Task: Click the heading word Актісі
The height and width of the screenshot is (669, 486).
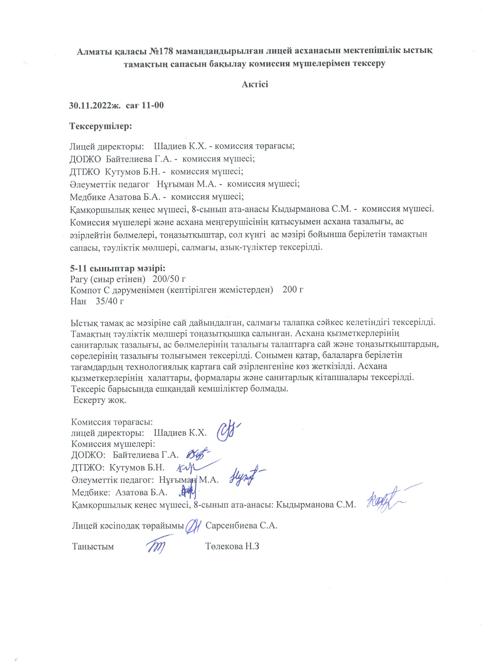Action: pos(255,84)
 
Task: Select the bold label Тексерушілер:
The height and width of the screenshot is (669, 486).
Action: pos(100,127)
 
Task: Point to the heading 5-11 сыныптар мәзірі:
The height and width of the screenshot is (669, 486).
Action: pos(118,269)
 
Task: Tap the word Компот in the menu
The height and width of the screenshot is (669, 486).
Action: pos(85,290)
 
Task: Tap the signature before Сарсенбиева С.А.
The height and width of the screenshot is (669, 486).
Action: pos(194,525)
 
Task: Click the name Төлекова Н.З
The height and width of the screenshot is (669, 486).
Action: pos(232,546)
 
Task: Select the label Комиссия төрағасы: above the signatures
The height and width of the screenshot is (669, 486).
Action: pos(112,422)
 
